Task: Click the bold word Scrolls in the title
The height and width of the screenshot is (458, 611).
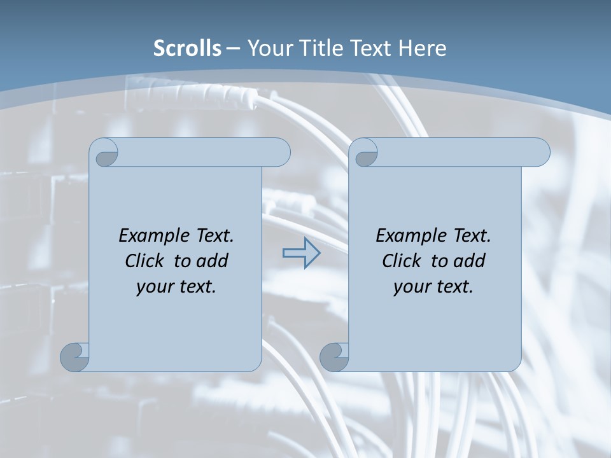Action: (x=188, y=48)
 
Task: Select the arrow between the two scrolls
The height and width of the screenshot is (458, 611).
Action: (x=301, y=253)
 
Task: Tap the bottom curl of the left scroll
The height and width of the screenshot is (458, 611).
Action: (x=74, y=357)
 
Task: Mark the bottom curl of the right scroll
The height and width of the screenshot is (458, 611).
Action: (x=334, y=357)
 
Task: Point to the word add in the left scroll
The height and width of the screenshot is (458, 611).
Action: (x=213, y=261)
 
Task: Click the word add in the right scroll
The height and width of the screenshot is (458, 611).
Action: (x=470, y=261)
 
